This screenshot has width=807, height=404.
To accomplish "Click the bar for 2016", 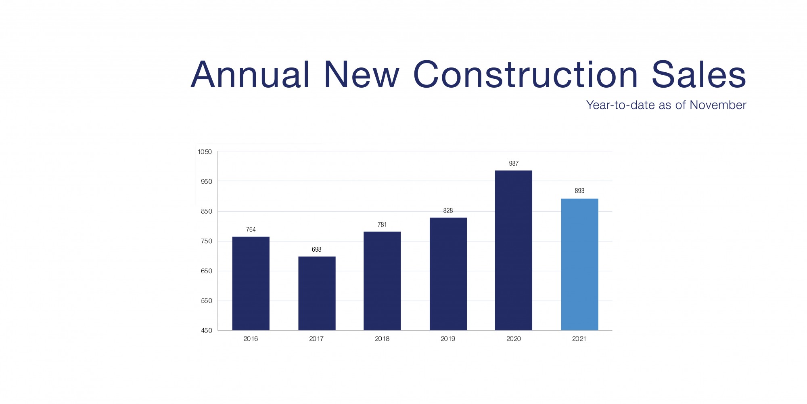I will click(x=251, y=283).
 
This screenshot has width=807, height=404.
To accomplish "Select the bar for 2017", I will click(x=317, y=293).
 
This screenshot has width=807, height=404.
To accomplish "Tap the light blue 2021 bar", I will click(x=579, y=264).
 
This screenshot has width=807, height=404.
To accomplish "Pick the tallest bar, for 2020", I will click(x=513, y=250).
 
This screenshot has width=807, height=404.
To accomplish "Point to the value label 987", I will click(x=513, y=164).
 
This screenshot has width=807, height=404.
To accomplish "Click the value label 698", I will click(x=316, y=250).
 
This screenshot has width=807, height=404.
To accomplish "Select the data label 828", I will click(x=448, y=211).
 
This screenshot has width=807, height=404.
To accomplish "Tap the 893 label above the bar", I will click(x=579, y=191).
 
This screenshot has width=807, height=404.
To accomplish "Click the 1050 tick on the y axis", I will click(x=205, y=152).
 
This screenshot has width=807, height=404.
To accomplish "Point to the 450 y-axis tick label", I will click(x=206, y=330).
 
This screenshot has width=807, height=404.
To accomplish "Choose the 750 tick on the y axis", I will click(x=206, y=241).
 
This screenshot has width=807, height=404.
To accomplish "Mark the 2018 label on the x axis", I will click(x=382, y=339).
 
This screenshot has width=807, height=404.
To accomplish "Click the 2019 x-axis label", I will click(x=448, y=339).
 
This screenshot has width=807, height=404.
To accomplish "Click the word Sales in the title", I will click(x=698, y=75).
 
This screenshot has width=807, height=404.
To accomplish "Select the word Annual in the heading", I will click(x=250, y=75).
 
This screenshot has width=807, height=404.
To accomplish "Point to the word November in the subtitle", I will click(x=718, y=105).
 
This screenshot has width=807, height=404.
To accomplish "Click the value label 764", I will click(x=251, y=230).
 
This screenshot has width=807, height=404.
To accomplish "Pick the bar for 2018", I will click(x=382, y=281).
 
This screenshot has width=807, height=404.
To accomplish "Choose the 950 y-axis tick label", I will click(x=206, y=182).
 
